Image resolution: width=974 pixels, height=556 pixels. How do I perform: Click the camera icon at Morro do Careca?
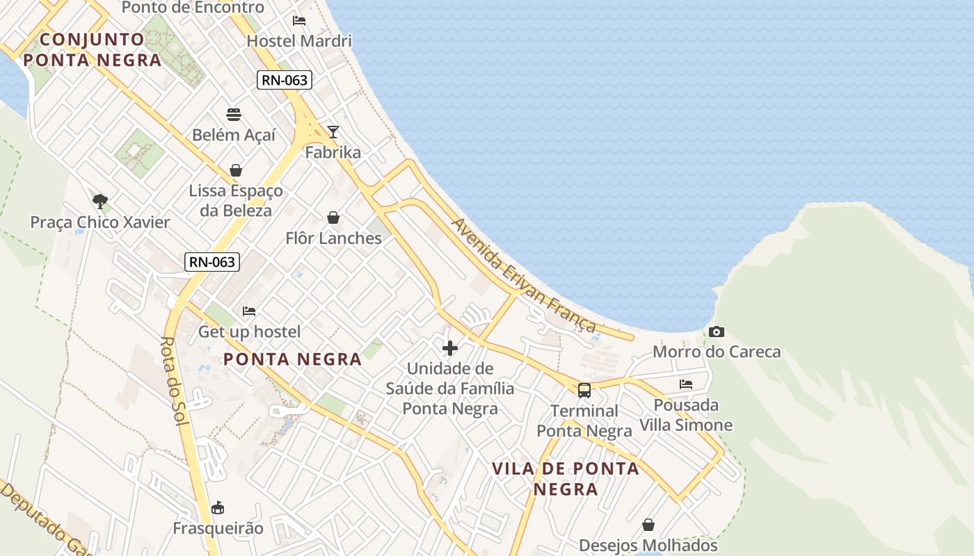click(x=717, y=332)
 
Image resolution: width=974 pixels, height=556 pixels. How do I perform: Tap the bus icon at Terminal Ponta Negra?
click(x=584, y=391)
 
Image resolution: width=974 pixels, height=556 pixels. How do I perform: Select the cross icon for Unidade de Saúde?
click(x=450, y=348)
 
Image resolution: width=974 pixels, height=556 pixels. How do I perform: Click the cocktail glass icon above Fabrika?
click(x=333, y=132)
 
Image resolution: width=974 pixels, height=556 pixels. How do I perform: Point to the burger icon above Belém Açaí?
click(x=234, y=115)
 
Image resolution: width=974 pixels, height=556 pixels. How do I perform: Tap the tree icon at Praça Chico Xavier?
click(x=100, y=202)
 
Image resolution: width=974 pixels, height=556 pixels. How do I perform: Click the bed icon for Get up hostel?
click(x=249, y=311)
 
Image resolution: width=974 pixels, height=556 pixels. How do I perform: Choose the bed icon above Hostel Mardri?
click(x=299, y=21)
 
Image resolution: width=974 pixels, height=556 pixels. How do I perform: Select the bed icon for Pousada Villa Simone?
click(x=686, y=384)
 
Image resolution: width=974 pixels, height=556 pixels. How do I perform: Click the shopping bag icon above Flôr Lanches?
click(x=333, y=218)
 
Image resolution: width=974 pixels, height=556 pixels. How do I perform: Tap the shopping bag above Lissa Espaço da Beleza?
click(x=236, y=170)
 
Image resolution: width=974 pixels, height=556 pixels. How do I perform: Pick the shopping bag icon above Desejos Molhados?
click(x=648, y=525)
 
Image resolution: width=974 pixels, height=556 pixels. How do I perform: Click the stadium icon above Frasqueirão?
click(x=218, y=508)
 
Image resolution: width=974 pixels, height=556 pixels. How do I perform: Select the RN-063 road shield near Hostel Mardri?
click(x=284, y=80)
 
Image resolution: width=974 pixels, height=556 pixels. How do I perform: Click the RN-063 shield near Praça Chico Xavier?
click(x=212, y=262)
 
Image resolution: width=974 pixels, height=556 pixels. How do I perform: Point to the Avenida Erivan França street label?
click(x=524, y=275)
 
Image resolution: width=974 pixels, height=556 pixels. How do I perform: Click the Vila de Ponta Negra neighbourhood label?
click(x=566, y=478)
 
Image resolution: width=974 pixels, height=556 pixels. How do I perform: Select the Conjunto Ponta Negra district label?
click(x=92, y=49)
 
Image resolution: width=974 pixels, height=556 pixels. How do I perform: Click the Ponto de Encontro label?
click(x=193, y=8)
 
